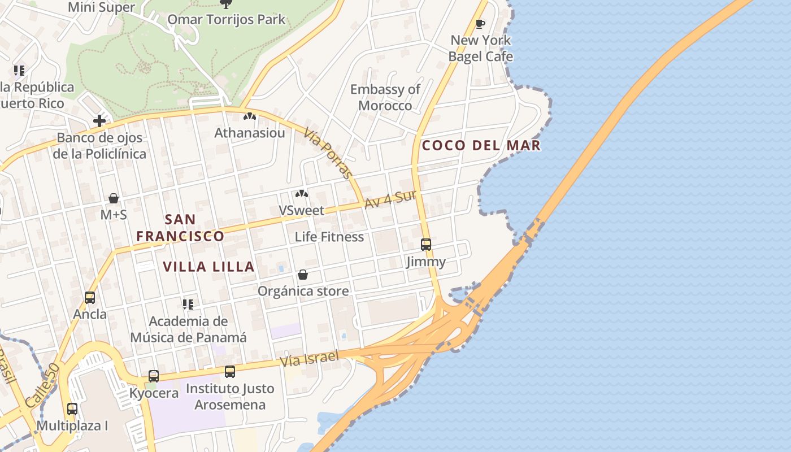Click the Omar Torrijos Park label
point(226,20)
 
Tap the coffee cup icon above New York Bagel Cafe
point(480,24)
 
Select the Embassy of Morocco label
point(385,97)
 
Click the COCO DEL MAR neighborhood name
point(481,146)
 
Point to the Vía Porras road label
point(328,153)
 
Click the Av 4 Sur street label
point(390,199)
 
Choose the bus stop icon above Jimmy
point(426,245)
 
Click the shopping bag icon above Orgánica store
point(303,275)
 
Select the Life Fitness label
point(329,237)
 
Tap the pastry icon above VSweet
point(302,194)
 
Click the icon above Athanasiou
point(250,116)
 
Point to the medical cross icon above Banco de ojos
point(99,120)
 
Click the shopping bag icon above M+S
point(114,198)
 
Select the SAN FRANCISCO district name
point(180,228)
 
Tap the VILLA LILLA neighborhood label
point(208,267)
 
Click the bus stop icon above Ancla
point(90,297)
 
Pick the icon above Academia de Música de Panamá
point(188,305)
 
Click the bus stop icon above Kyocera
point(153,376)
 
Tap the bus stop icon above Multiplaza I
point(72,408)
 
